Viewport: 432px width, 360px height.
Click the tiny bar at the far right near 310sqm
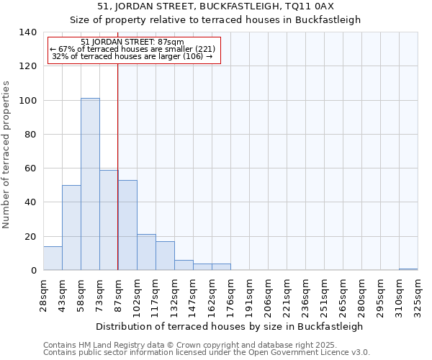pos(408,269)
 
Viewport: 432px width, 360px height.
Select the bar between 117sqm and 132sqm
pos(165,256)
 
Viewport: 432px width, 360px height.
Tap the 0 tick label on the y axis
pos(33,271)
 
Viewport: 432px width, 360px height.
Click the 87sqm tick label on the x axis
pos(118,294)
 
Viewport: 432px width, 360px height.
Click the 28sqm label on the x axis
pos(43,294)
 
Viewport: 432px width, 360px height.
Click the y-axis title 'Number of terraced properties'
pos(6,154)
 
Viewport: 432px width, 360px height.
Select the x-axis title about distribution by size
pos(229,326)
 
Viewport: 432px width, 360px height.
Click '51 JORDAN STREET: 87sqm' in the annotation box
pos(132,42)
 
